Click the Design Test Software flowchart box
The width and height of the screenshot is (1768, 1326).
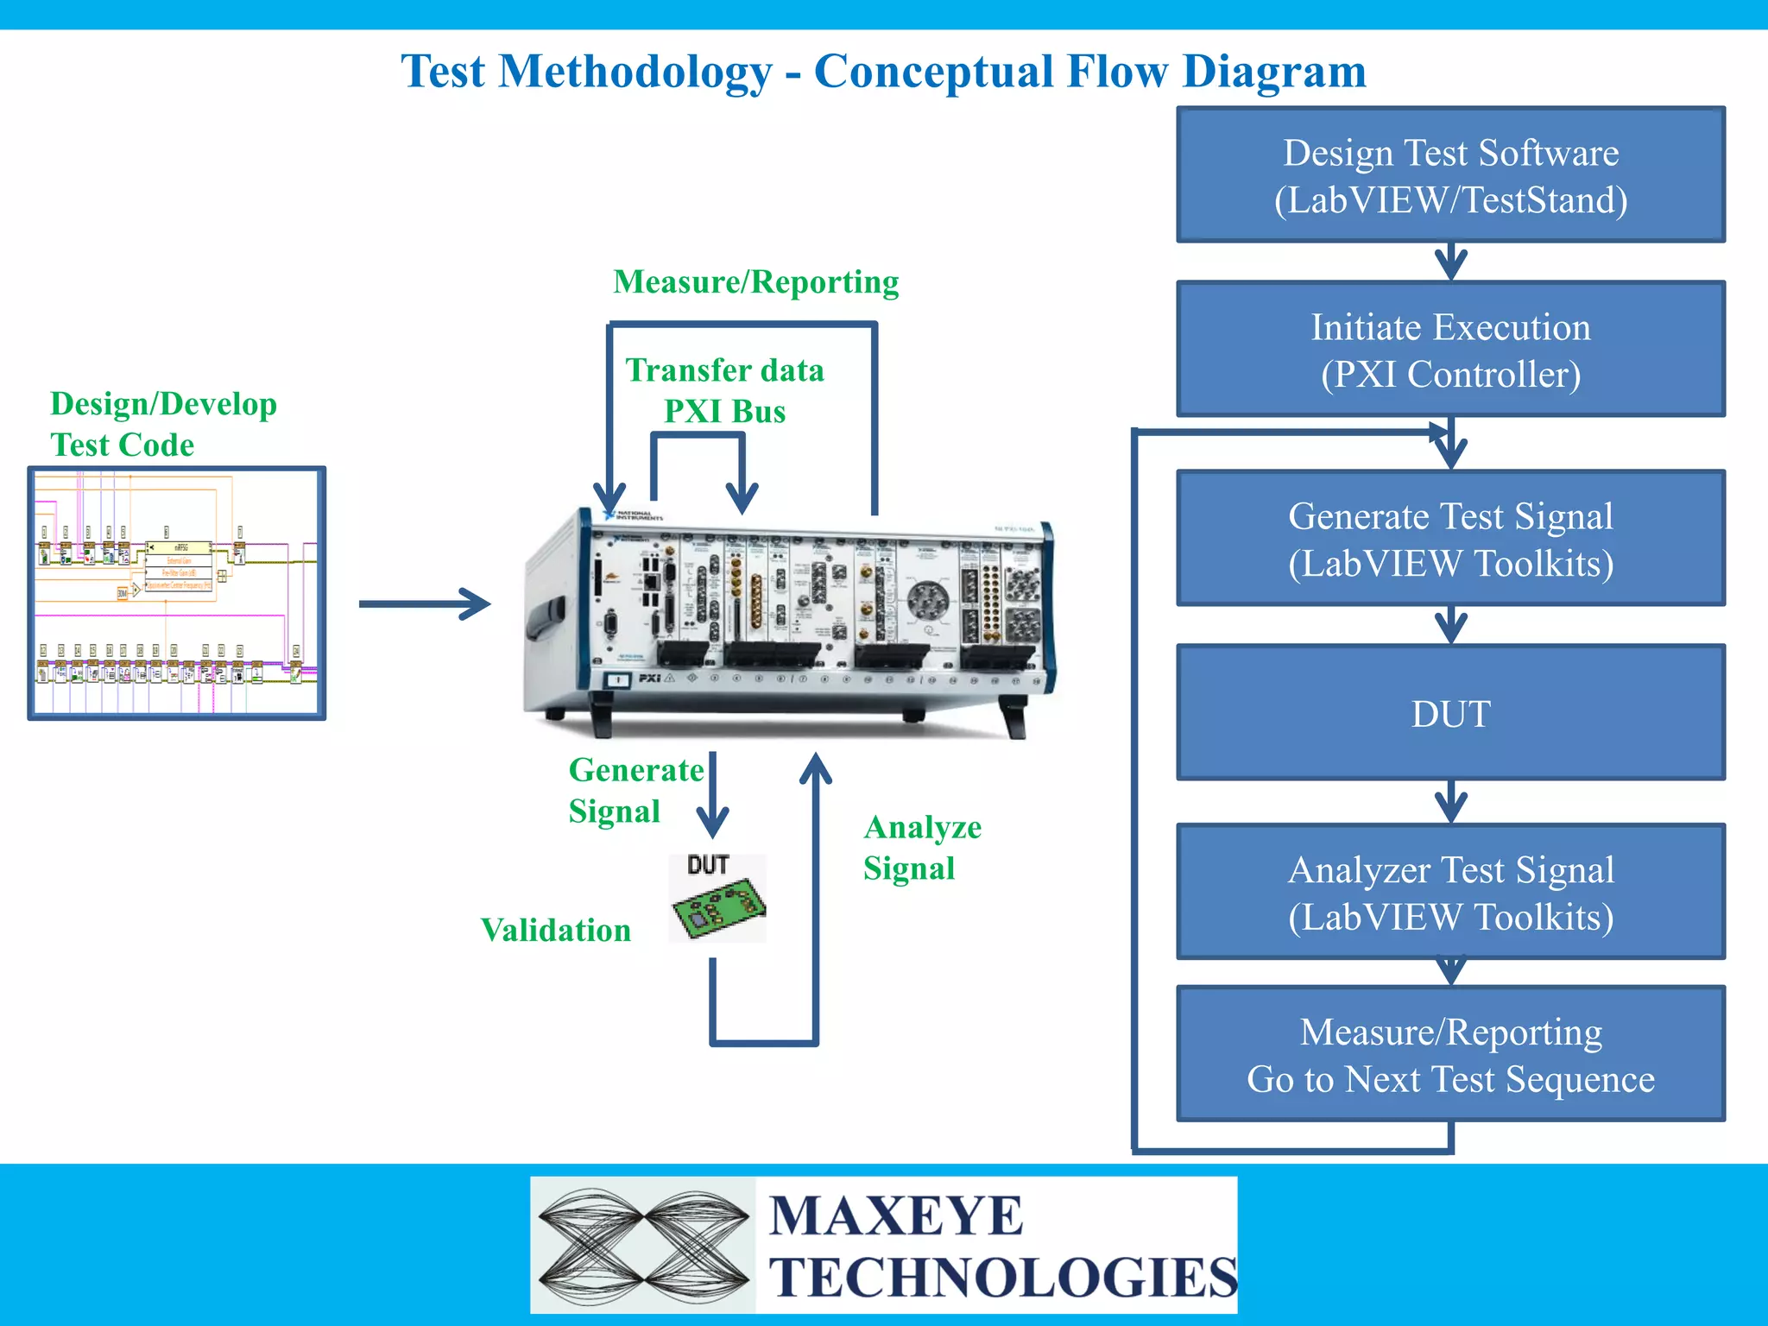click(x=1450, y=175)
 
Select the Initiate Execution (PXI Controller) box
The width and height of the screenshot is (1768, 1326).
click(x=1450, y=350)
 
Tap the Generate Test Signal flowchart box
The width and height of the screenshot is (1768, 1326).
click(x=1450, y=539)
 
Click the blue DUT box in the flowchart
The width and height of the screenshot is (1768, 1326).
click(x=1450, y=713)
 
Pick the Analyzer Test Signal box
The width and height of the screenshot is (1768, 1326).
click(x=1450, y=892)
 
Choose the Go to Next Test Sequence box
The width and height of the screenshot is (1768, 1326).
click(x=1450, y=1054)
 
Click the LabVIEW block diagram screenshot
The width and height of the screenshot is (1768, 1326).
click(x=177, y=594)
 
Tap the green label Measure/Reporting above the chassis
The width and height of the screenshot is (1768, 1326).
click(x=755, y=282)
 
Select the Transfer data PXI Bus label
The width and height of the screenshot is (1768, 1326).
click(x=724, y=390)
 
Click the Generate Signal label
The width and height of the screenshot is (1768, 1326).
click(x=635, y=790)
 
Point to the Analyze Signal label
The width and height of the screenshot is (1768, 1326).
click(x=922, y=847)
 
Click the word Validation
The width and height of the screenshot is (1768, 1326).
click(x=555, y=930)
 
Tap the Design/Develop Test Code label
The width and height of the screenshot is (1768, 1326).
click(x=163, y=424)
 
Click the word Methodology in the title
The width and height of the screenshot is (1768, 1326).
click(x=635, y=72)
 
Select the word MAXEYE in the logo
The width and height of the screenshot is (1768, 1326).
click(x=895, y=1215)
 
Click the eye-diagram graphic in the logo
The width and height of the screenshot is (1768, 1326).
click(x=643, y=1245)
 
